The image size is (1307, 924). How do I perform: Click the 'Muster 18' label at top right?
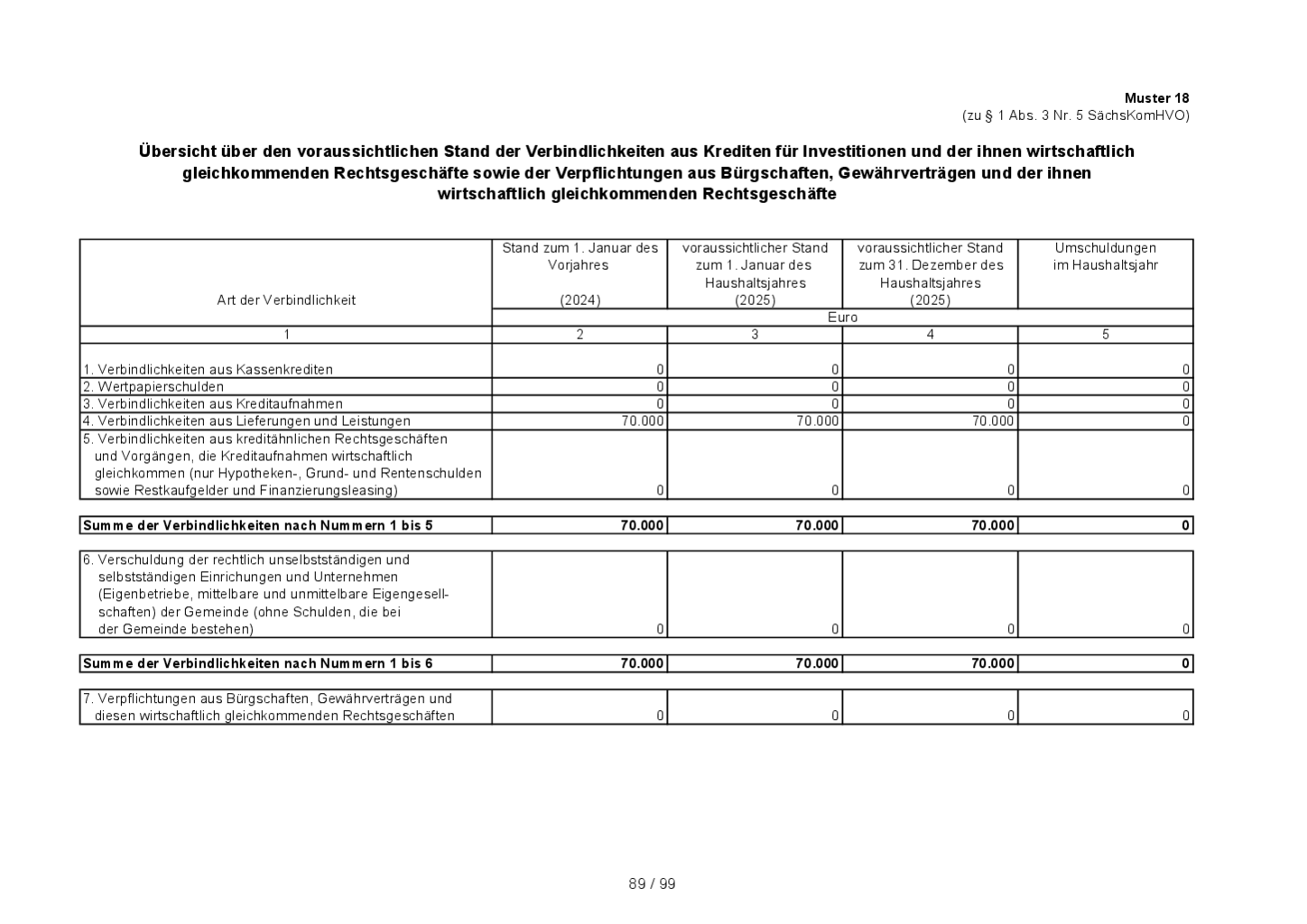point(1156,97)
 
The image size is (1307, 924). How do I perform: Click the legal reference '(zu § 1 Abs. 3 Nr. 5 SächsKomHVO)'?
point(1075,115)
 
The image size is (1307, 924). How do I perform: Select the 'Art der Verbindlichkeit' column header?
point(286,300)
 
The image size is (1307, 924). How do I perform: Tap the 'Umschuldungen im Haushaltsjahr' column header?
point(1105,256)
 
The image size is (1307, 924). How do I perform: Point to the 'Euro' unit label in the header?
point(842,318)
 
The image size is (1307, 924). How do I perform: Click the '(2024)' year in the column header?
point(579,300)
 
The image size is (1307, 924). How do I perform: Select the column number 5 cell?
point(1105,335)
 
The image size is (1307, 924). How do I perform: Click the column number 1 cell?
point(286,335)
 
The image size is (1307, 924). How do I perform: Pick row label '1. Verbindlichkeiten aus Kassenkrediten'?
point(209,369)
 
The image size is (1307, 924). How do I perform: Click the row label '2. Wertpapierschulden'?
point(154,386)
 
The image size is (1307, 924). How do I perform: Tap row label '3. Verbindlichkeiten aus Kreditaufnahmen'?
point(213,403)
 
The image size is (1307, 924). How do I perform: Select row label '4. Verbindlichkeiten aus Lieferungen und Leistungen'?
point(247,420)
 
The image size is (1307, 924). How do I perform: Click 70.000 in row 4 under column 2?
point(643,420)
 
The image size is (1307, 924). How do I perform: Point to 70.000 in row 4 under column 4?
point(993,420)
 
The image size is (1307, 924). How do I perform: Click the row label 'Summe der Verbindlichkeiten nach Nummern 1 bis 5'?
point(258,525)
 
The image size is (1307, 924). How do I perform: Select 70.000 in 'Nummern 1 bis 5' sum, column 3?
point(817,525)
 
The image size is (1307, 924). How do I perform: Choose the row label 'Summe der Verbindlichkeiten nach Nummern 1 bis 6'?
point(258,663)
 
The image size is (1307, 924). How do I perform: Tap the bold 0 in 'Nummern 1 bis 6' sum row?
point(1186,663)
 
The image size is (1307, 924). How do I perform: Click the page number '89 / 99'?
point(652,884)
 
